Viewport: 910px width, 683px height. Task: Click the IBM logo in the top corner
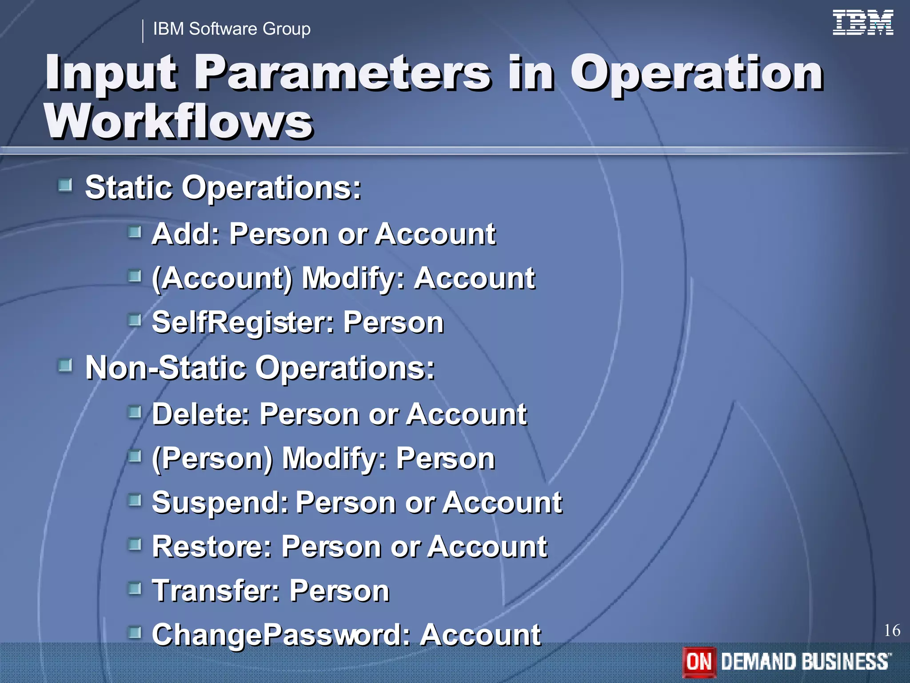coord(862,23)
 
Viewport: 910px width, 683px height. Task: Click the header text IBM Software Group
coord(231,29)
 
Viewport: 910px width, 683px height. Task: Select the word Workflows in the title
coord(179,121)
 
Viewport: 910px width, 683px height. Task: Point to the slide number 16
coord(892,631)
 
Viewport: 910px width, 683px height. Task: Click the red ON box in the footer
coord(699,662)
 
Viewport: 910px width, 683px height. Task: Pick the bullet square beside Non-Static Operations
coord(65,366)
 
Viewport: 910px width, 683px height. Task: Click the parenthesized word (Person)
coord(212,458)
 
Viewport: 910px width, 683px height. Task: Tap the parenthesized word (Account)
coord(222,278)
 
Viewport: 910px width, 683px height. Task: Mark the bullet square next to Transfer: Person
coord(135,589)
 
